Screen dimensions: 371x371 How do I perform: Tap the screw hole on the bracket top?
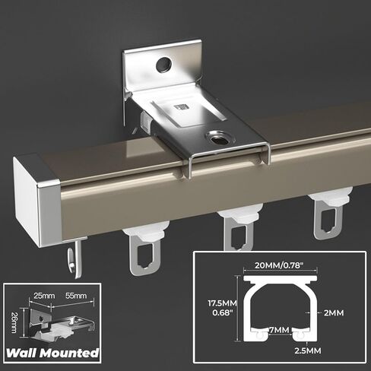click(x=217, y=138)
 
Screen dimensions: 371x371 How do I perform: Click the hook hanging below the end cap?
click(x=75, y=259)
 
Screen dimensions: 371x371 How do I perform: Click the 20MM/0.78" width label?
click(x=279, y=265)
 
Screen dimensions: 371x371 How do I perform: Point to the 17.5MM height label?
click(x=222, y=303)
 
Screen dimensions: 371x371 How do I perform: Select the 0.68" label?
click(x=222, y=312)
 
